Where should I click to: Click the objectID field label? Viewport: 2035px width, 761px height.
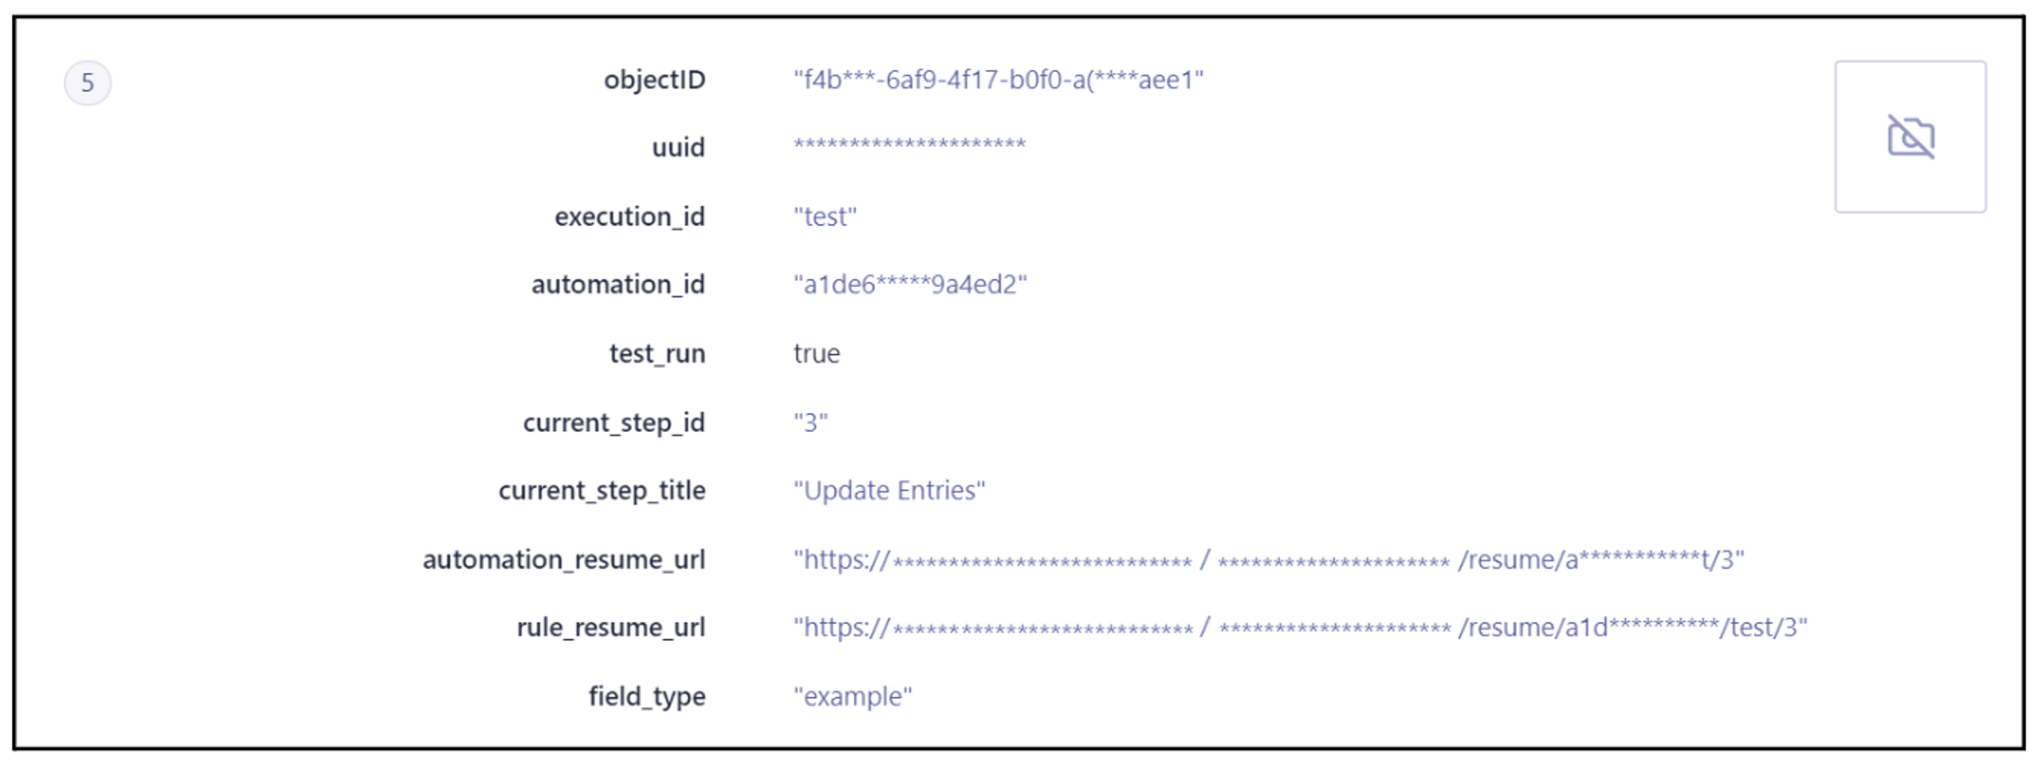pos(654,80)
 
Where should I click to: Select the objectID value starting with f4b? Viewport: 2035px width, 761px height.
pos(998,80)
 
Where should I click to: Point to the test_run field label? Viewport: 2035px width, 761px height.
pos(657,353)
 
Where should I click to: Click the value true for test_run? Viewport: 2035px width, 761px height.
pos(817,353)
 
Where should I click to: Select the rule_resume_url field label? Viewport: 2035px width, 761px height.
pos(610,627)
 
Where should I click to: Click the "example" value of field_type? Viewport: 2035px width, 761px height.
pos(852,697)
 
